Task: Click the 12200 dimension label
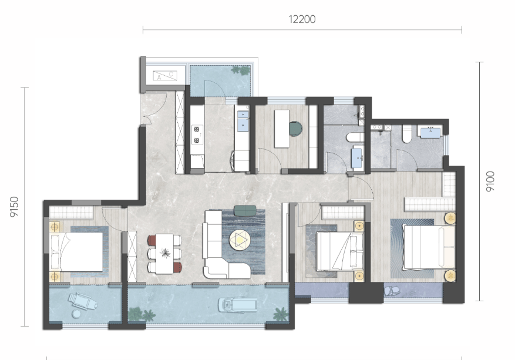tap(302, 19)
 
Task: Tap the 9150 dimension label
tap(14, 207)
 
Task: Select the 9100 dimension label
tap(490, 181)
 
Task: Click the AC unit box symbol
tap(165, 76)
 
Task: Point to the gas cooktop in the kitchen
tap(197, 134)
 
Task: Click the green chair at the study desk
tap(295, 129)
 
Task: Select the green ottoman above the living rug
tap(245, 211)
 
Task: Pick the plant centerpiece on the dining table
tap(165, 253)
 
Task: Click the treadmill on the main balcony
tap(238, 305)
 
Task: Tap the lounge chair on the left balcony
tap(82, 301)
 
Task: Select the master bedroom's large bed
tap(429, 247)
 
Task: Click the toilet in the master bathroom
tap(406, 134)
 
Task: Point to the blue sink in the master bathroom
tap(430, 133)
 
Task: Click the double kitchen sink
tap(243, 121)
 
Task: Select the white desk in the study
tap(282, 129)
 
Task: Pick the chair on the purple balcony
tap(392, 290)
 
